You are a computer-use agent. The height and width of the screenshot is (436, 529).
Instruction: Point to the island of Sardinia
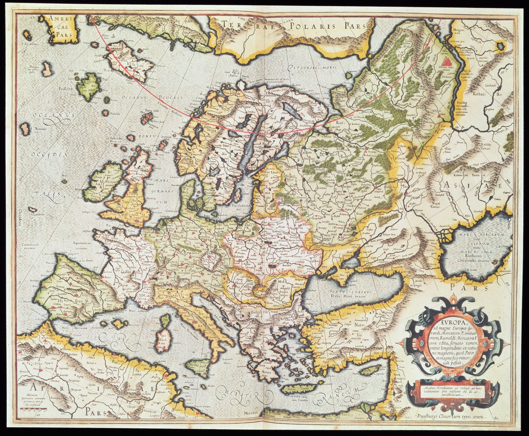pos(162,340)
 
